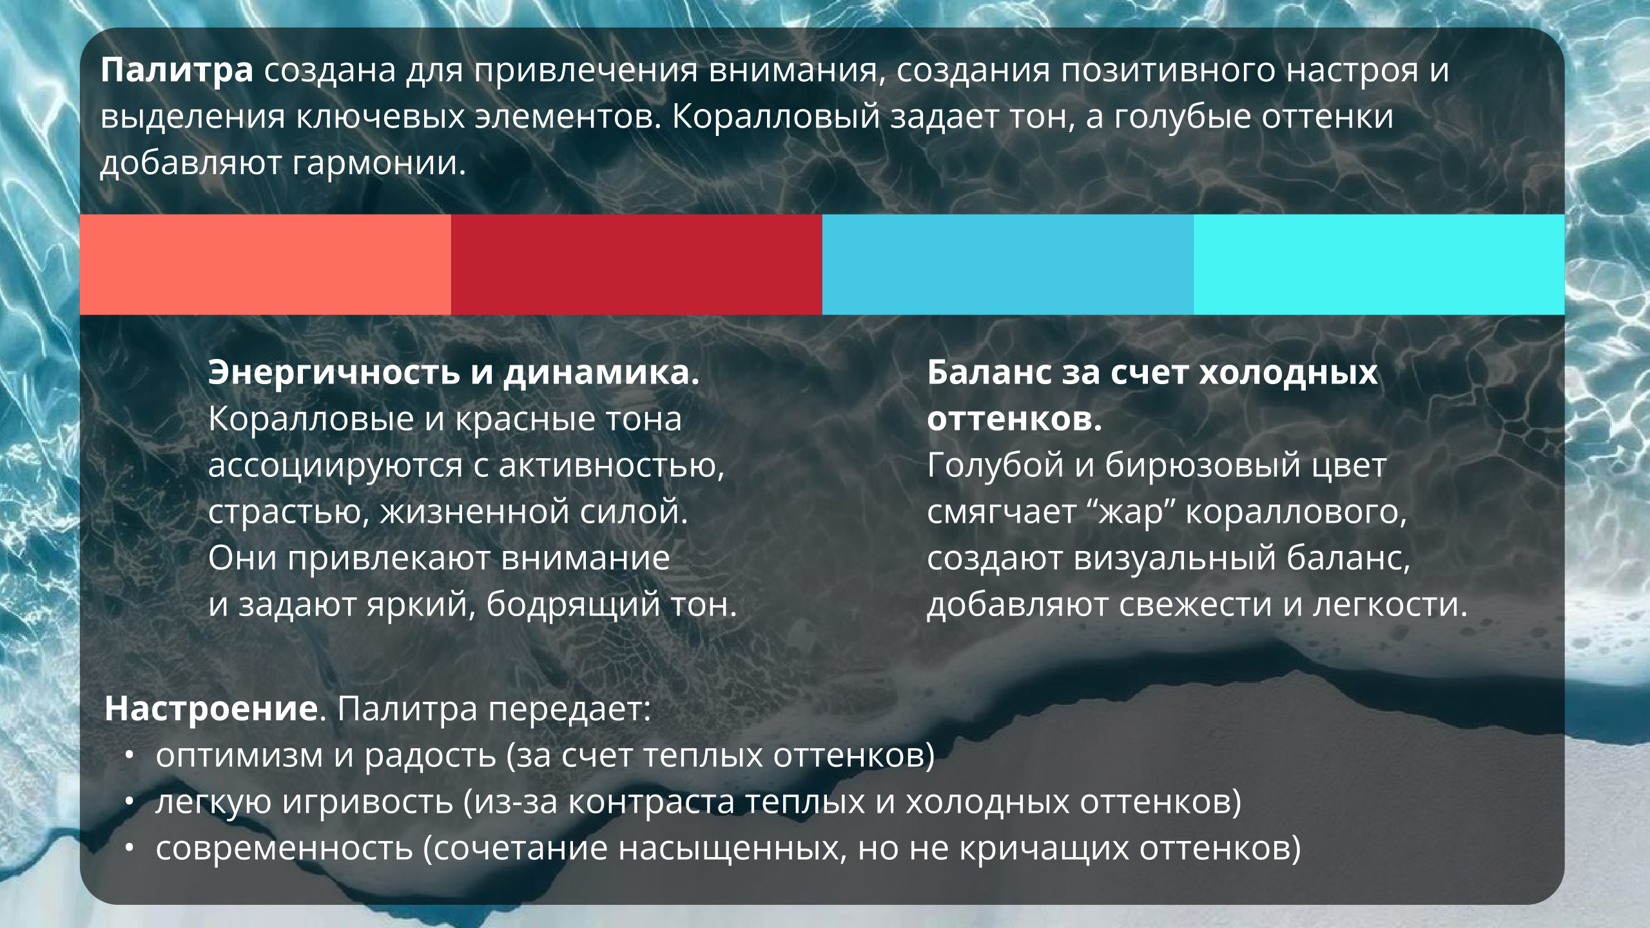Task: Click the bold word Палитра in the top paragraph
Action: pyautogui.click(x=177, y=71)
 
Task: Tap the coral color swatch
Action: pyautogui.click(x=265, y=264)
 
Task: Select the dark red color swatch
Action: pyautogui.click(x=636, y=264)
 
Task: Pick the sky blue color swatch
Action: pyautogui.click(x=1007, y=264)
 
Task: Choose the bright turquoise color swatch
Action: pyautogui.click(x=1379, y=264)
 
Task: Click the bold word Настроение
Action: pyautogui.click(x=211, y=709)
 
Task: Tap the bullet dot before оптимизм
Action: pyautogui.click(x=130, y=756)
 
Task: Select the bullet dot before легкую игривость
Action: pyautogui.click(x=130, y=802)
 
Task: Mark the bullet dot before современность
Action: pyautogui.click(x=130, y=849)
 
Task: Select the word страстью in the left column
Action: pyautogui.click(x=288, y=513)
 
